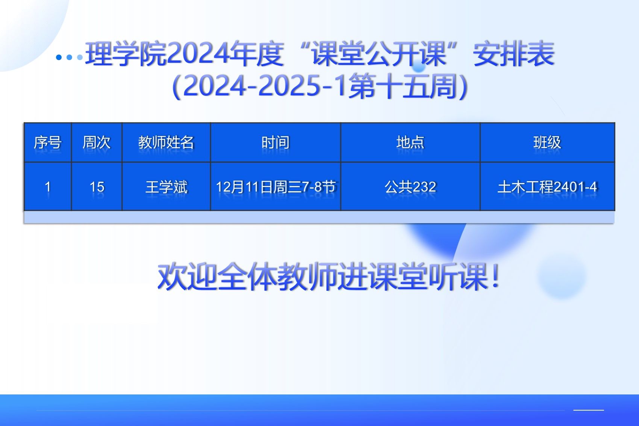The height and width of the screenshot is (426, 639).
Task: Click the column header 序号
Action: (48, 142)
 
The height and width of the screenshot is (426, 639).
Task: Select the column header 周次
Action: (97, 142)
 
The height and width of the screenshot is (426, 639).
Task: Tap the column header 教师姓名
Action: (166, 142)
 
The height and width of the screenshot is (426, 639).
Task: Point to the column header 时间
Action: (275, 142)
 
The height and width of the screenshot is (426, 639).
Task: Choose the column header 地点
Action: (410, 142)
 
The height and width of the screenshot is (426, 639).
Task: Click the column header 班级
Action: (547, 142)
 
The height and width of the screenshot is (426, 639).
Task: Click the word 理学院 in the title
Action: (126, 54)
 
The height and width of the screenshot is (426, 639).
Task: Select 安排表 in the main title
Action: (514, 54)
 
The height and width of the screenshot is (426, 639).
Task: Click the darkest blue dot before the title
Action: (59, 57)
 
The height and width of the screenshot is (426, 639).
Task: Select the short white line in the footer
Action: (589, 410)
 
